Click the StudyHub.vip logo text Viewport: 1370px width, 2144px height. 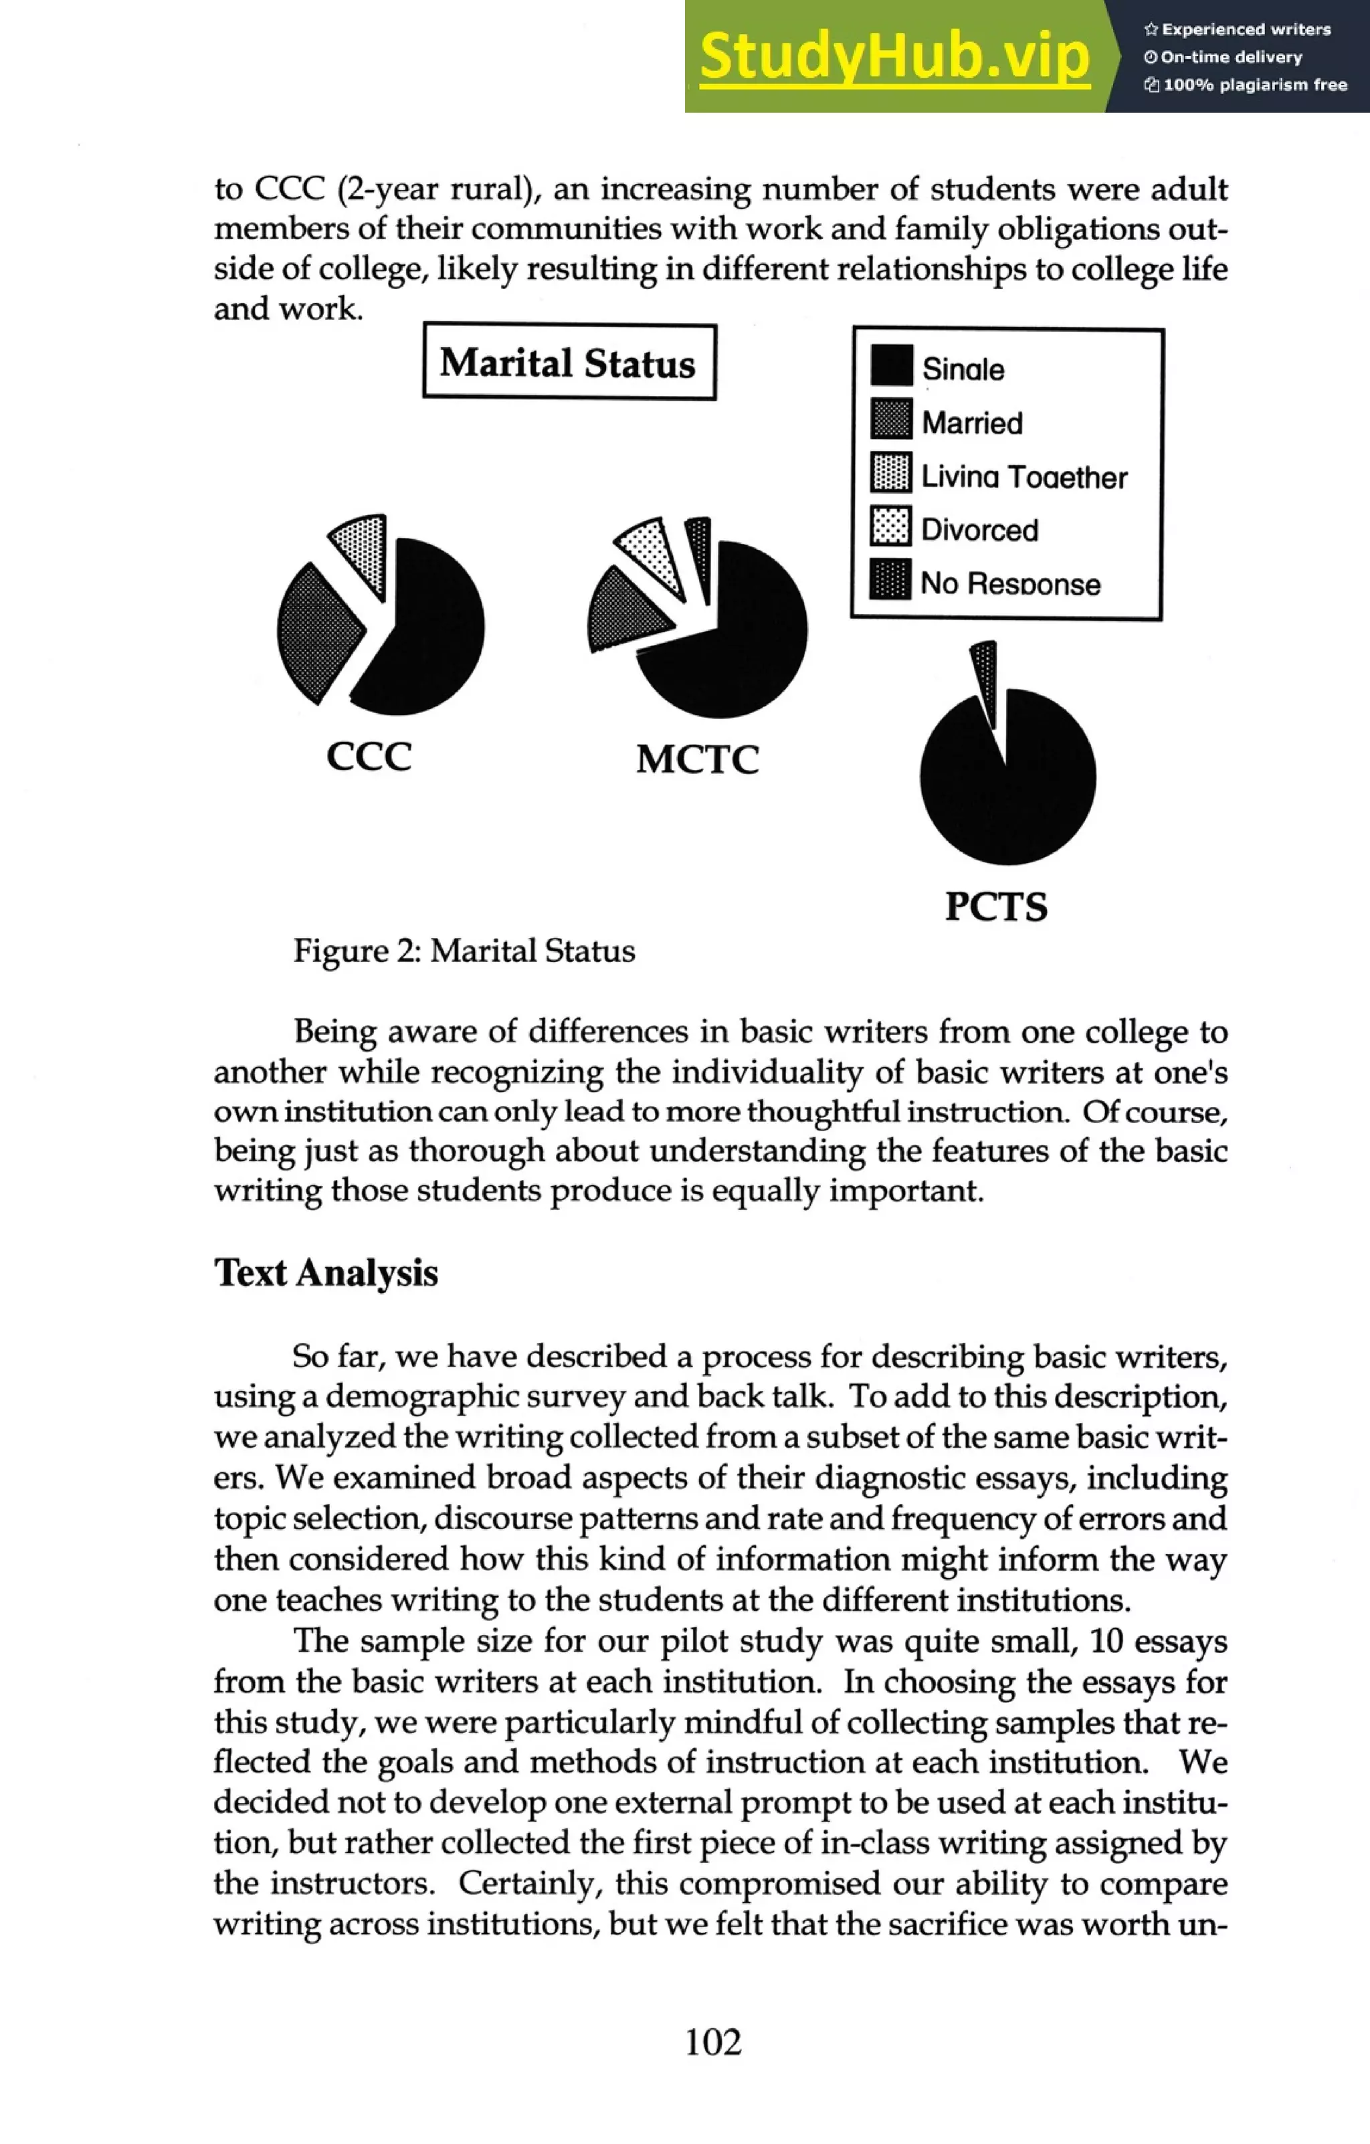click(894, 56)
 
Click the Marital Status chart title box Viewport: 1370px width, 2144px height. click(568, 363)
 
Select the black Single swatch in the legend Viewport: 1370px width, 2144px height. click(891, 366)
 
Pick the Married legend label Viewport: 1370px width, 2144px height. click(971, 423)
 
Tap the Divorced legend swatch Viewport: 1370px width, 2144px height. click(890, 526)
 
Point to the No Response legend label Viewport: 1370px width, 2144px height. click(1010, 584)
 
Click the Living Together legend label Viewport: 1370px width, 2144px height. click(1023, 477)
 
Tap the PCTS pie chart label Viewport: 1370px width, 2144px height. click(996, 907)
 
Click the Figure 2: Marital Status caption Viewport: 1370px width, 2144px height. click(464, 951)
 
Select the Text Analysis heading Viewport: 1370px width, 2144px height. click(326, 1272)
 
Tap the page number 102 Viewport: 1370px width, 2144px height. click(713, 2042)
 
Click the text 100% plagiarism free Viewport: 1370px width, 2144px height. click(1246, 86)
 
